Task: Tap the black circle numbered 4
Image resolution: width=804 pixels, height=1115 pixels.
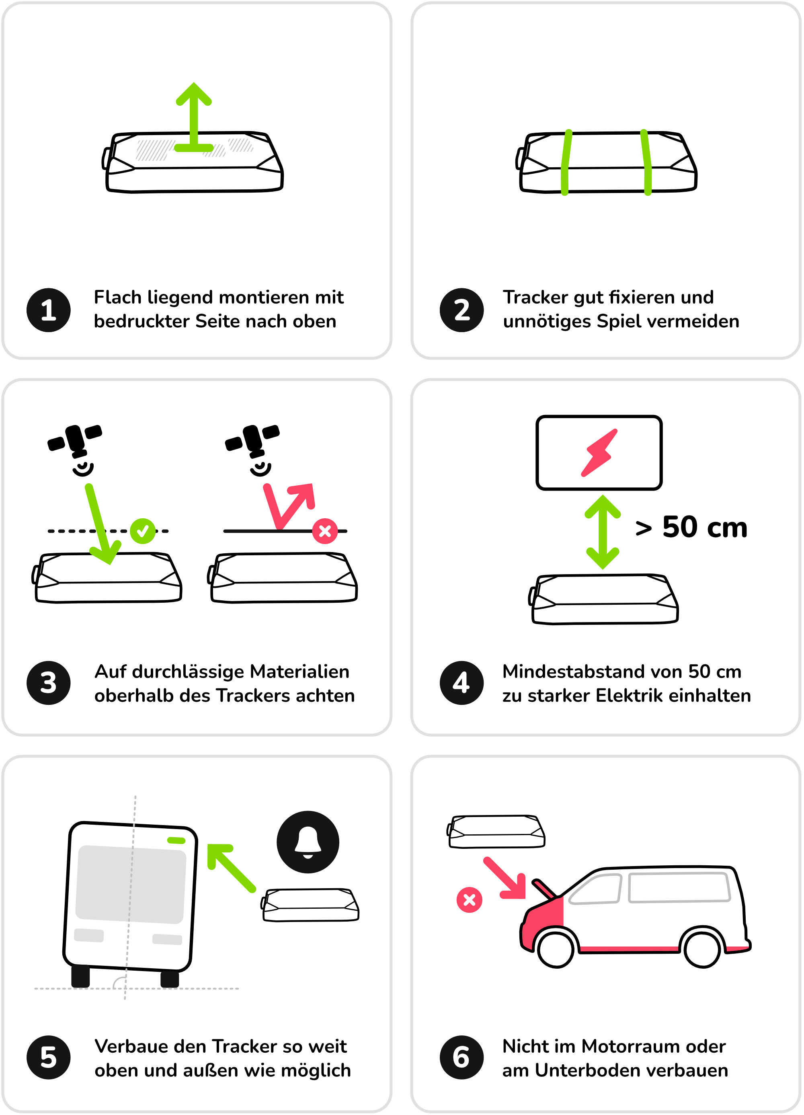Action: click(461, 682)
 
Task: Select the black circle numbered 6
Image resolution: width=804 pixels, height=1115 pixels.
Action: click(461, 1057)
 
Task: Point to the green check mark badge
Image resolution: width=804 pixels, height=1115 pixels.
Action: click(143, 531)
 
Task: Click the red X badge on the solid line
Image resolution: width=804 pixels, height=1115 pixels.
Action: click(325, 531)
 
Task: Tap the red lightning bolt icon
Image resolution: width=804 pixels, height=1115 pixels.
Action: click(599, 453)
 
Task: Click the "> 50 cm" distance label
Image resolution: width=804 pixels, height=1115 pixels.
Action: click(691, 527)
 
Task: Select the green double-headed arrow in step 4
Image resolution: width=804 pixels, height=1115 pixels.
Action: click(603, 532)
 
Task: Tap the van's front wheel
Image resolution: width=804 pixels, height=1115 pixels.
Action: click(556, 949)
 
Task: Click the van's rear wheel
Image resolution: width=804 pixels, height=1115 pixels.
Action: click(702, 949)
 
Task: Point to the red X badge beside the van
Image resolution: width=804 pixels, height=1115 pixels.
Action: click(469, 899)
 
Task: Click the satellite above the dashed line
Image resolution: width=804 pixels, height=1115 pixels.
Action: click(75, 439)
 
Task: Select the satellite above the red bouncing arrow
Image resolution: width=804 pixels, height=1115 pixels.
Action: click(252, 439)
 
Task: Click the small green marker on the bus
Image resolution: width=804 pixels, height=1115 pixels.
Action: click(176, 840)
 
